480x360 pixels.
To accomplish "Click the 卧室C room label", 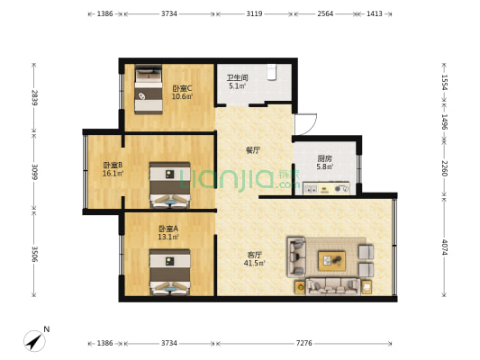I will pyautogui.click(x=182, y=87).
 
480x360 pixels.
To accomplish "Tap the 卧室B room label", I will pyautogui.click(x=113, y=166).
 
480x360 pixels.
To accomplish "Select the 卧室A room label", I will pyautogui.click(x=168, y=229).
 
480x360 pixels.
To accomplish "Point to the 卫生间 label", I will pyautogui.click(x=238, y=77).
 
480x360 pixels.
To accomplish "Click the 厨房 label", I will pyautogui.click(x=324, y=157).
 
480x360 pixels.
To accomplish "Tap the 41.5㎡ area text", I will pyautogui.click(x=256, y=263).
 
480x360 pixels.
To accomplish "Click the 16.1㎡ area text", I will pyautogui.click(x=113, y=174).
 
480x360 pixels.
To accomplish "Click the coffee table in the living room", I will pyautogui.click(x=331, y=260).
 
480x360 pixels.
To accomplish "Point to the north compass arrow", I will pyautogui.click(x=36, y=340).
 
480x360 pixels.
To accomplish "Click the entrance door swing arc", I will pyautogui.click(x=307, y=125).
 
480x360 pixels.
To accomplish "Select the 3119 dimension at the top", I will pyautogui.click(x=254, y=14).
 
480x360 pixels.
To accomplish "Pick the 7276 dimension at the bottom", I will pyautogui.click(x=303, y=344).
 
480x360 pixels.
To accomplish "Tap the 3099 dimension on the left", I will pyautogui.click(x=34, y=170).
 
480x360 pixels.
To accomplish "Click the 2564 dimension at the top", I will pyautogui.click(x=325, y=14).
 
